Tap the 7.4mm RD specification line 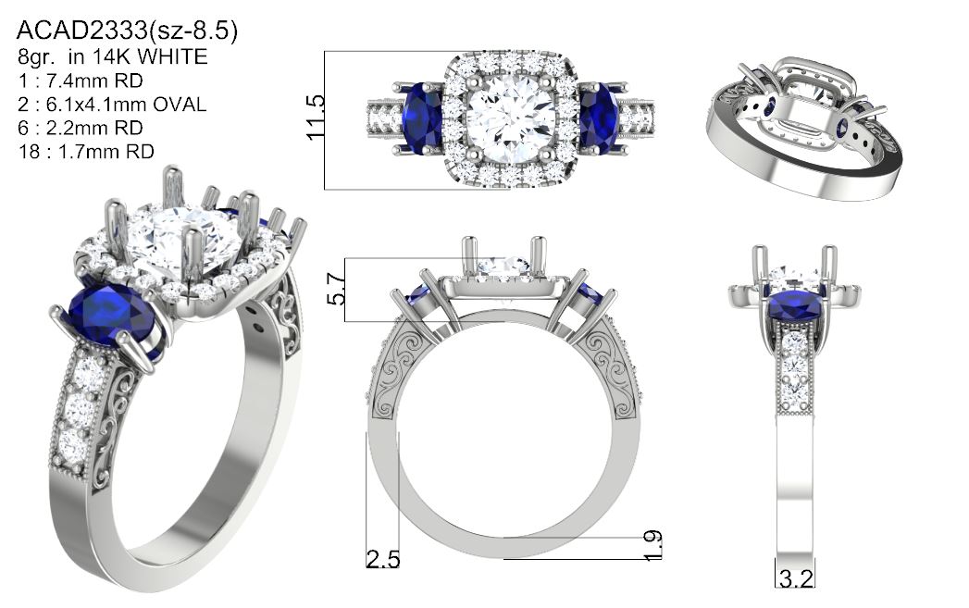coord(81,81)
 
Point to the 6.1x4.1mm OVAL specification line coord(112,104)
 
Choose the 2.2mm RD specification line coord(81,128)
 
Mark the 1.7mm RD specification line coord(86,152)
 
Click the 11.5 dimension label coord(316,118)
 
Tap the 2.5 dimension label coord(382,559)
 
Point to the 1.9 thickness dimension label coord(653,546)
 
